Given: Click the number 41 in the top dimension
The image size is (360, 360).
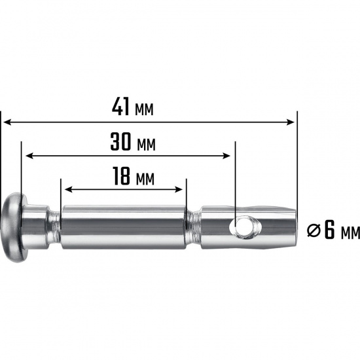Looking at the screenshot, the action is pyautogui.click(x=121, y=106).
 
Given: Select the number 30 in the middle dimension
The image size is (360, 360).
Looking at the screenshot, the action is pyautogui.click(x=120, y=141).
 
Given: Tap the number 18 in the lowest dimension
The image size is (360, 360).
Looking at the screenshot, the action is pyautogui.click(x=122, y=176).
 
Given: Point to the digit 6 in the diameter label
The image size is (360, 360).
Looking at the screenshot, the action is pyautogui.click(x=330, y=230).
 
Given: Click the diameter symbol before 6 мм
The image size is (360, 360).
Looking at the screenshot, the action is pyautogui.click(x=314, y=231).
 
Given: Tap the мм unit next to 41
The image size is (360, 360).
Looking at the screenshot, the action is pyautogui.click(x=144, y=110).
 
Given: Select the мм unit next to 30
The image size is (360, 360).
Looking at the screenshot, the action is pyautogui.click(x=146, y=145).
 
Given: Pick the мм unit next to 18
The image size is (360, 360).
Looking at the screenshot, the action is pyautogui.click(x=145, y=179).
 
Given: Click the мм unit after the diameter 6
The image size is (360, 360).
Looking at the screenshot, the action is pyautogui.click(x=351, y=234).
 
